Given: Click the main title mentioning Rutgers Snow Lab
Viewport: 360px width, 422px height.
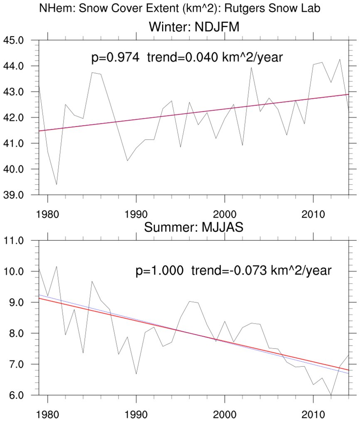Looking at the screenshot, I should [x=180, y=8].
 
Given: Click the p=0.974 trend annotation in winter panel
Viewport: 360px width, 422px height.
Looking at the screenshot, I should [x=187, y=57].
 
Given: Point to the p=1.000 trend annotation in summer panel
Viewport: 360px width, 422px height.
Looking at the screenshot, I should [x=234, y=271].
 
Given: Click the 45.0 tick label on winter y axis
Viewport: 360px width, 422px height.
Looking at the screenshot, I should [x=14, y=40].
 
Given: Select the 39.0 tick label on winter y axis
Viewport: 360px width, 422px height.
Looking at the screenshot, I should [x=14, y=195].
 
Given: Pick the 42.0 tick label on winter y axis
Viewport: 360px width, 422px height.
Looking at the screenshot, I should [x=14, y=118].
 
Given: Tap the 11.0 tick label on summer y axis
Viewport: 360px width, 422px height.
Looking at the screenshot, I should [x=14, y=240].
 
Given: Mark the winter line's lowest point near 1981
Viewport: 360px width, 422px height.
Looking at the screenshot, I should [x=57, y=184].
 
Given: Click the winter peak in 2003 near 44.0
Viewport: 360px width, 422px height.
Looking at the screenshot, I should [x=251, y=67].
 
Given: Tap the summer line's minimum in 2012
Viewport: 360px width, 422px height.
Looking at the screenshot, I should [x=331, y=395].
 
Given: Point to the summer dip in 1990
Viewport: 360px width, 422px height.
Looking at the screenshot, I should [x=136, y=374].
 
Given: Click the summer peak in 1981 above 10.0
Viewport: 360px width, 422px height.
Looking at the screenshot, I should [x=57, y=266].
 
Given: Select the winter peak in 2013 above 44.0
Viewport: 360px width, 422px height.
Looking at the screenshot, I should [x=340, y=59].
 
